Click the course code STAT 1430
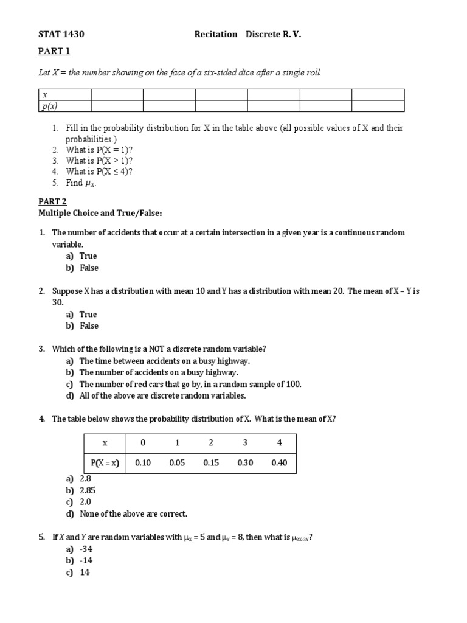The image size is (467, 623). pyautogui.click(x=58, y=34)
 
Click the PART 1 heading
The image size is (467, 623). pyautogui.click(x=54, y=51)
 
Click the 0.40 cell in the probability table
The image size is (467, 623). pyautogui.click(x=279, y=463)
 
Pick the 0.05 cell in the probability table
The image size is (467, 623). pyautogui.click(x=177, y=463)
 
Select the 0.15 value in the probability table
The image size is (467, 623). pyautogui.click(x=211, y=463)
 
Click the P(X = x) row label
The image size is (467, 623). pyautogui.click(x=105, y=463)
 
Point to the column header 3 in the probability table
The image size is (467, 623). pyautogui.click(x=245, y=443)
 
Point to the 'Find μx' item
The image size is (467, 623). pyautogui.click(x=81, y=183)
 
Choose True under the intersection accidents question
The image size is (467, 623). pyautogui.click(x=88, y=256)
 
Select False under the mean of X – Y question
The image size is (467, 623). pyautogui.click(x=89, y=326)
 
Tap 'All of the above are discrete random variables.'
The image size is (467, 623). pyautogui.click(x=162, y=395)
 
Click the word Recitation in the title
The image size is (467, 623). pyautogui.click(x=215, y=34)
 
